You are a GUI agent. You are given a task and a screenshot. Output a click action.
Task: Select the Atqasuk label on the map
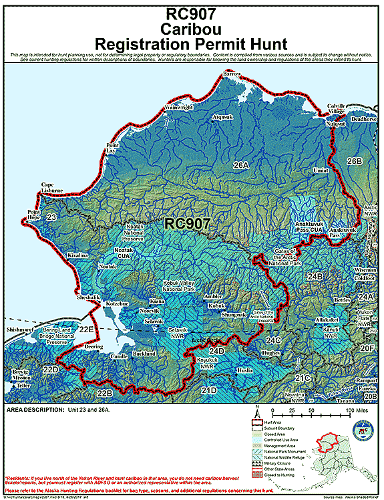pos(222,117)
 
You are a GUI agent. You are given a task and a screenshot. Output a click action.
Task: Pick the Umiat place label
pos(321,171)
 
